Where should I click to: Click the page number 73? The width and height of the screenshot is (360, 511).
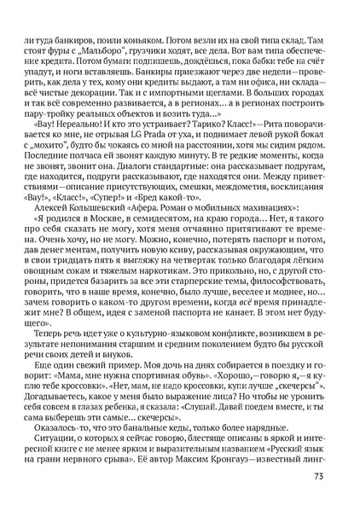(317, 476)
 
